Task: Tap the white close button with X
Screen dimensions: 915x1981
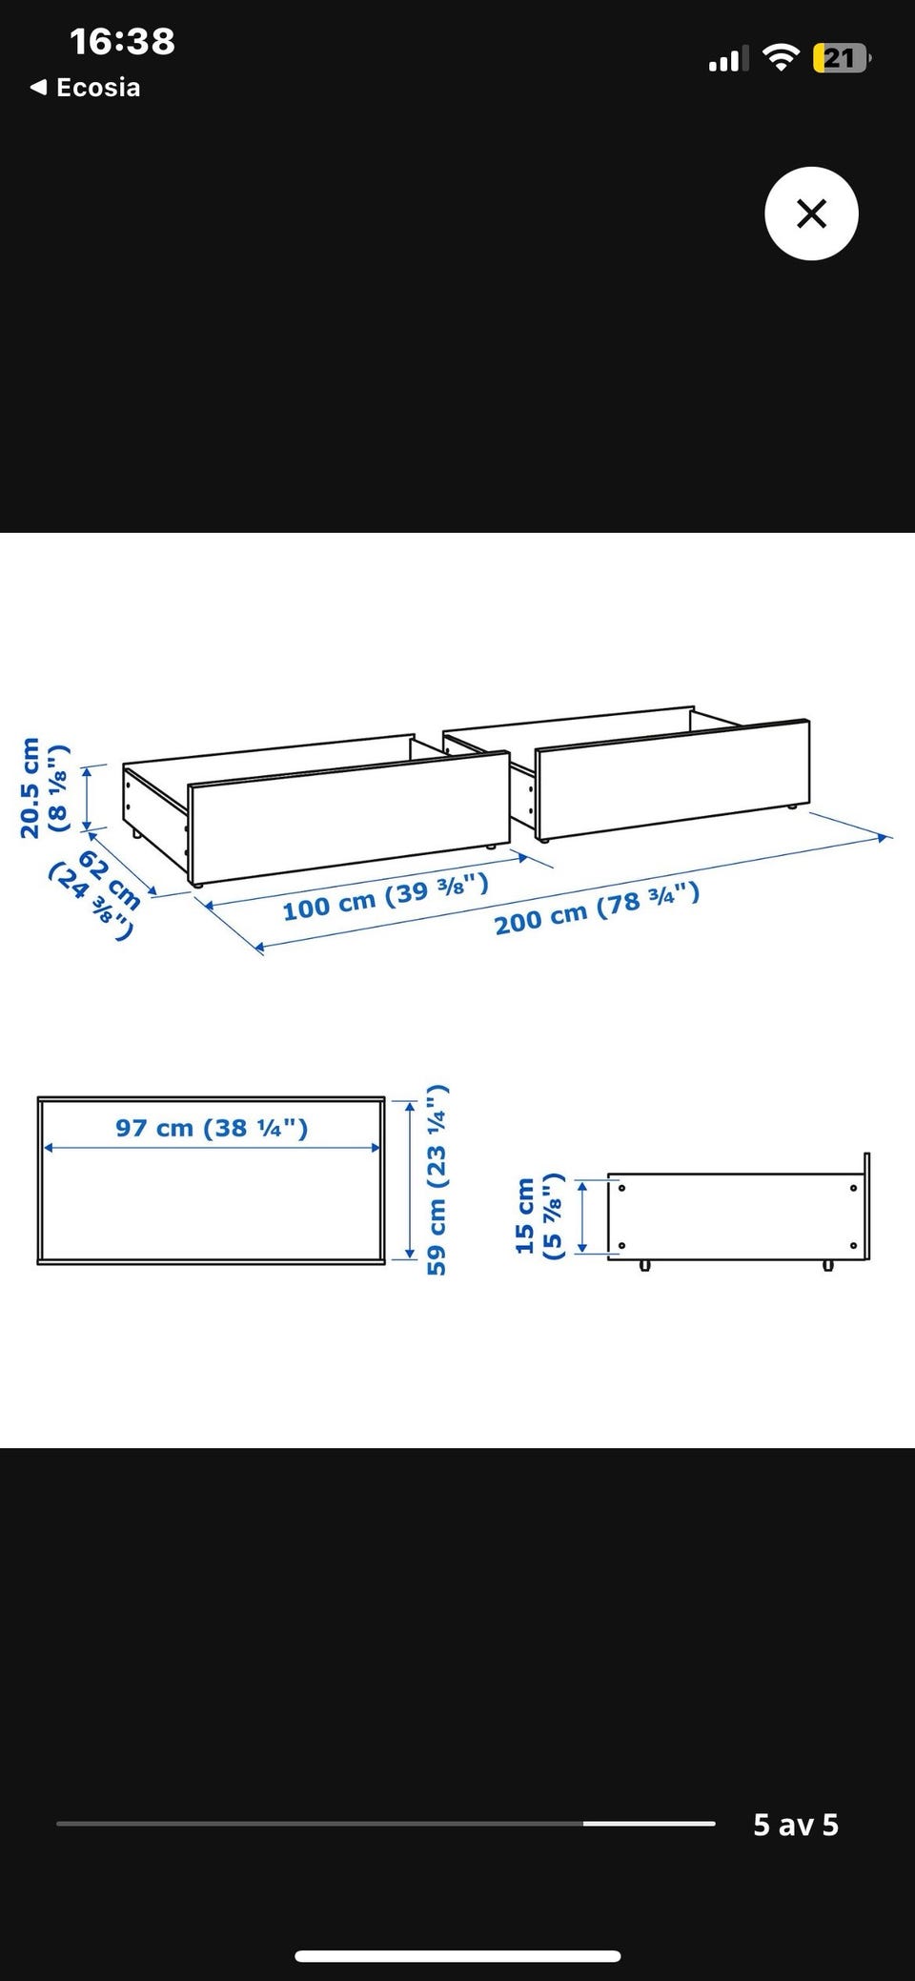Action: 811,214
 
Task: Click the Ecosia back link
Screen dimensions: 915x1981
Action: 86,88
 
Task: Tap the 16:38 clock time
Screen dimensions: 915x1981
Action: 122,41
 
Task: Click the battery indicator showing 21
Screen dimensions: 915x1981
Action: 842,59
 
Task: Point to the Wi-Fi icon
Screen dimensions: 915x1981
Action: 783,59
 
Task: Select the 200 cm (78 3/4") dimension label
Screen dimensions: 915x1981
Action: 597,909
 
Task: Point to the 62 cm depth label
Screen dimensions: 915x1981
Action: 96,894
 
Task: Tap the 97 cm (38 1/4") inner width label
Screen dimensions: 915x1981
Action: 212,1128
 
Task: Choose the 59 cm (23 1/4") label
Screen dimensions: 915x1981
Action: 436,1180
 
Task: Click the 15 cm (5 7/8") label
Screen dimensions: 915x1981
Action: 538,1216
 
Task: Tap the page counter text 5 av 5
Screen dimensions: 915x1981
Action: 796,1824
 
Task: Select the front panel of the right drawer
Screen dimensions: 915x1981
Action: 672,779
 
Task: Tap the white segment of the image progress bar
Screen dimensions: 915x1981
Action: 649,1823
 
